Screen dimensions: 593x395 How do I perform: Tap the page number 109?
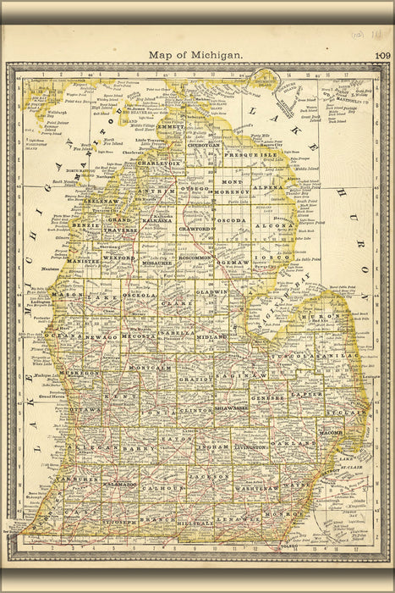pos(377,56)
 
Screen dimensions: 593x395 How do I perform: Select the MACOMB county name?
pos(328,433)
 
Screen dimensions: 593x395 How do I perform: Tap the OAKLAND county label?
pos(296,442)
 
